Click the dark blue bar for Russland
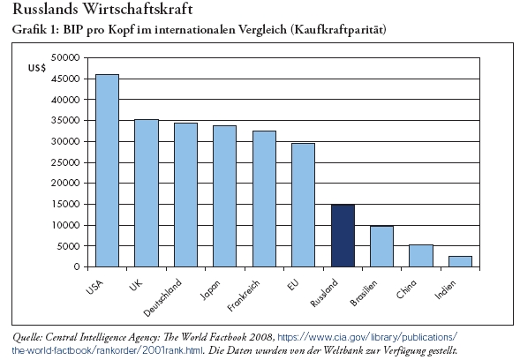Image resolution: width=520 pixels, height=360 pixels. (343, 236)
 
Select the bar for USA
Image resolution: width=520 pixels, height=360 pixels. (107, 170)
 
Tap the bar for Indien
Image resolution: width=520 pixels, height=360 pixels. (460, 261)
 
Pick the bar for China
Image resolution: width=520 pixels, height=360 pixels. (421, 256)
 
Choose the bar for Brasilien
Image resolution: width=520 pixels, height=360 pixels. (382, 246)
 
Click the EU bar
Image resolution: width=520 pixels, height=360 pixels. (303, 205)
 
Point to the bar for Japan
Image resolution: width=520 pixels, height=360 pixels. (224, 196)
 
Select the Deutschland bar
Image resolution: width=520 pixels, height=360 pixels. (185, 195)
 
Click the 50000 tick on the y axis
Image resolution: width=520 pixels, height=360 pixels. (65, 57)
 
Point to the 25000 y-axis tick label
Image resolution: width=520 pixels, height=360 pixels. (65, 162)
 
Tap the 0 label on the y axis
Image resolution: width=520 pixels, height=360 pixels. (77, 266)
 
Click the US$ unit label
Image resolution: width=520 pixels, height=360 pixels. (37, 68)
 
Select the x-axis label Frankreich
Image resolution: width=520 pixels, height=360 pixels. (244, 296)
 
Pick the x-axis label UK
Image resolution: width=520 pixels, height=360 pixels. (136, 285)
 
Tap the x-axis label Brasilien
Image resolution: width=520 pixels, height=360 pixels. (364, 293)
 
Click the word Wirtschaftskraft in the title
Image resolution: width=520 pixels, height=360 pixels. (138, 9)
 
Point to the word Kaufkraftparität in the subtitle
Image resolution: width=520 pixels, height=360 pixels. (338, 29)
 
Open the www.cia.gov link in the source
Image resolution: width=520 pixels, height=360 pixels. (366, 337)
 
